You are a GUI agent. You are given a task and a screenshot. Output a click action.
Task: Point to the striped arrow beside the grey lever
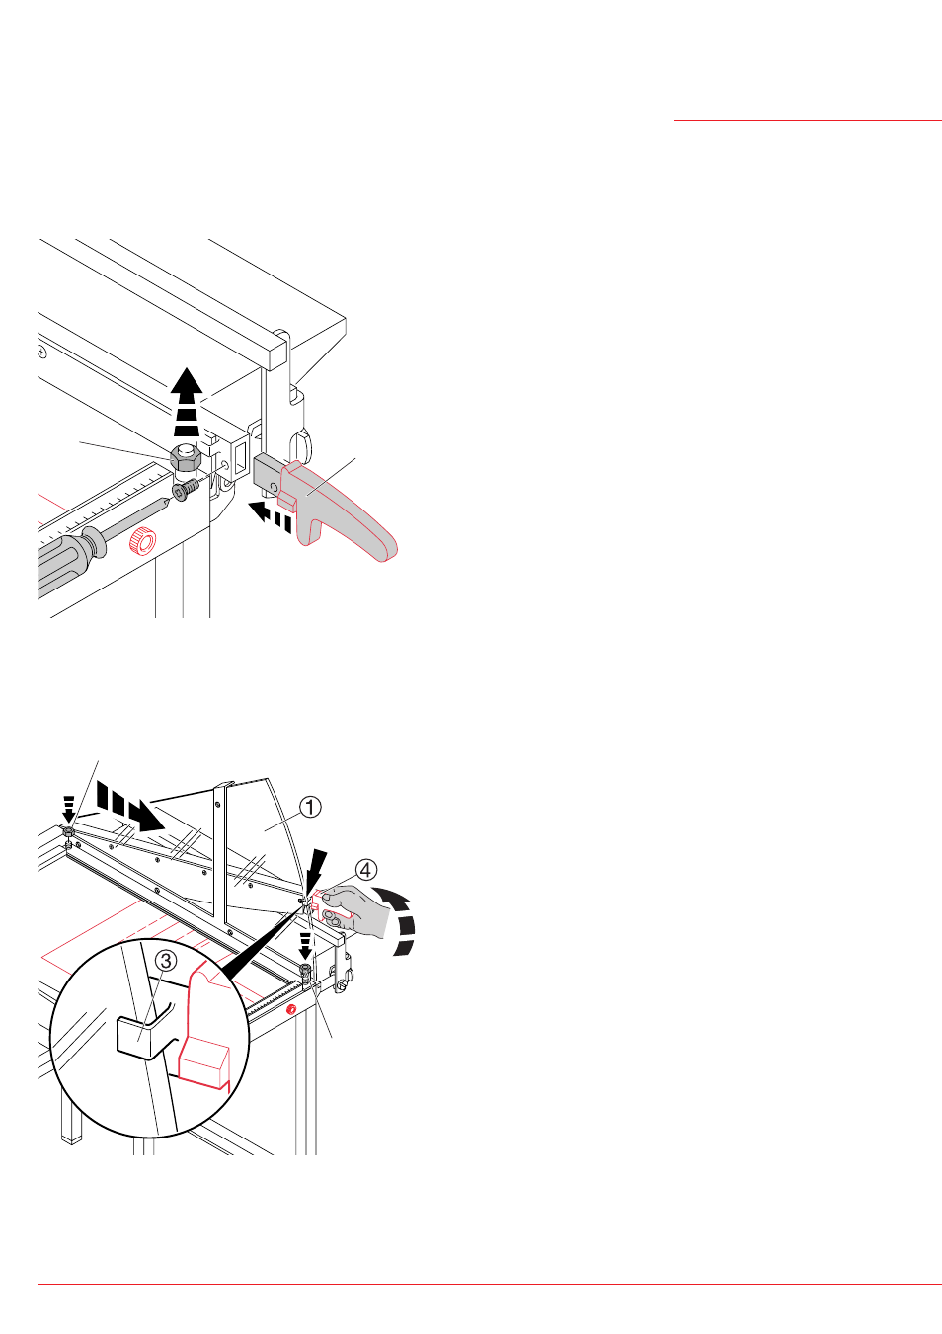(x=270, y=516)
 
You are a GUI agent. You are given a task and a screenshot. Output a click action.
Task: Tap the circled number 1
(x=310, y=808)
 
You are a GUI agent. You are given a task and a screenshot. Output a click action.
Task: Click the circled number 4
(x=365, y=870)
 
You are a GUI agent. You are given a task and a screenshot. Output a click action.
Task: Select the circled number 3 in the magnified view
(x=166, y=960)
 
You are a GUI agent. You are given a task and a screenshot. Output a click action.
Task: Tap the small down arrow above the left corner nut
(x=69, y=808)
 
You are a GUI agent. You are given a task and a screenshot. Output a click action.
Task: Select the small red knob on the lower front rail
(x=290, y=1009)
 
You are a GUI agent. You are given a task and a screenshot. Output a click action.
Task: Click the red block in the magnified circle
(x=204, y=1064)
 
